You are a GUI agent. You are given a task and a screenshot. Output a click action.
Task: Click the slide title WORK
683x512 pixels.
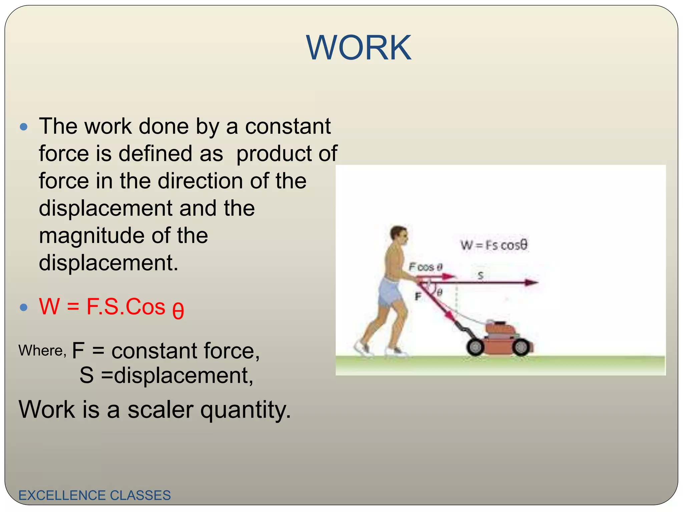[359, 48]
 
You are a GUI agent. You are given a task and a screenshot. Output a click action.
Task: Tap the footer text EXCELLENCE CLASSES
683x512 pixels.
[94, 495]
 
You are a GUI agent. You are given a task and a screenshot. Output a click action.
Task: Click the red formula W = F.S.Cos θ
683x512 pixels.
[111, 307]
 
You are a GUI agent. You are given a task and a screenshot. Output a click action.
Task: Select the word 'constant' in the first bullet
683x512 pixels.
[288, 126]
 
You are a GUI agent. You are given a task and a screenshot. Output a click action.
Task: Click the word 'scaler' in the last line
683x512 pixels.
[160, 409]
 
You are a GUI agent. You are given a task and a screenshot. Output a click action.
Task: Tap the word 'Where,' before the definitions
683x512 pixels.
[42, 350]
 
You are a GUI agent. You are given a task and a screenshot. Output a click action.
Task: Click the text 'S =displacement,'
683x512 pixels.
[166, 375]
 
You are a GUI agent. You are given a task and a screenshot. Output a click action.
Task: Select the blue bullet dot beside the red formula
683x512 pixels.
[24, 307]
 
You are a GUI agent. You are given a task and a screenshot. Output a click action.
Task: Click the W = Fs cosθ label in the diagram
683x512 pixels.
[494, 245]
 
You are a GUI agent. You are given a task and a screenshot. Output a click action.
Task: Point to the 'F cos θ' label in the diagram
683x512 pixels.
[425, 267]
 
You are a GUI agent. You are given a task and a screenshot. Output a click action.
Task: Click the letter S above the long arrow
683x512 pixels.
[481, 275]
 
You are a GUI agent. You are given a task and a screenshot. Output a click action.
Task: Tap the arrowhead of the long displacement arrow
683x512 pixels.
[532, 283]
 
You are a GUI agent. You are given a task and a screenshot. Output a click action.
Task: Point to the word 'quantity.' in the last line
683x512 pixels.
[245, 409]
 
